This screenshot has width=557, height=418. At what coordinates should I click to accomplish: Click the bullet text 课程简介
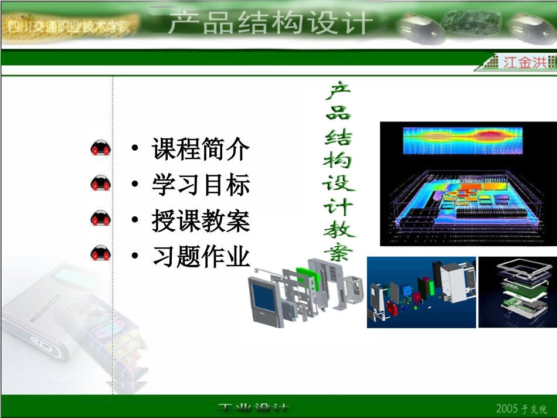coord(201,149)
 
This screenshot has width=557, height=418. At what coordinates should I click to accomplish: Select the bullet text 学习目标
coord(201,185)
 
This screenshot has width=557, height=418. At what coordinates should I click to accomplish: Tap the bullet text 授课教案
coord(201,221)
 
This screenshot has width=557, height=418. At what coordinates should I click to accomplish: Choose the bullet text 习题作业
coord(201,257)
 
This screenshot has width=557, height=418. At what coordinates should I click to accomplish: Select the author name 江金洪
coord(525,62)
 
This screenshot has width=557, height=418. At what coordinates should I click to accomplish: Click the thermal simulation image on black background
coord(468,183)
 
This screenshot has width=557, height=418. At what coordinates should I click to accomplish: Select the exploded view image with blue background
coord(421,292)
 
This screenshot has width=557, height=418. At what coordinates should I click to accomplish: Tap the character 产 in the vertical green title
coord(338,92)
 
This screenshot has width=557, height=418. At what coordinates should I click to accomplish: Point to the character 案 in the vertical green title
coord(338,252)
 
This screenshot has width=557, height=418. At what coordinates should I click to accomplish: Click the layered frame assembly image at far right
coord(517,292)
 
